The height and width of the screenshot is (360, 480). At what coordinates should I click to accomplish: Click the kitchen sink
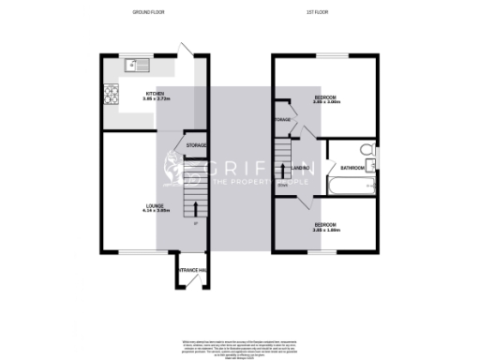pyautogui.click(x=139, y=65)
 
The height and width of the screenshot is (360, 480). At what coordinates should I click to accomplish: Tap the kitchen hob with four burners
pyautogui.click(x=111, y=95)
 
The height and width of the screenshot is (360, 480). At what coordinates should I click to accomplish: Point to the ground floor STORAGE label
pyautogui.click(x=196, y=146)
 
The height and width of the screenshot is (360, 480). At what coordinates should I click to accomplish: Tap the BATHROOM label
pyautogui.click(x=352, y=168)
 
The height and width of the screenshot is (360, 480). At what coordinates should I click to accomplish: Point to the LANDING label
pyautogui.click(x=301, y=168)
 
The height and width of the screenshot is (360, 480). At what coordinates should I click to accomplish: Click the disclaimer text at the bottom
pyautogui.click(x=239, y=343)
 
